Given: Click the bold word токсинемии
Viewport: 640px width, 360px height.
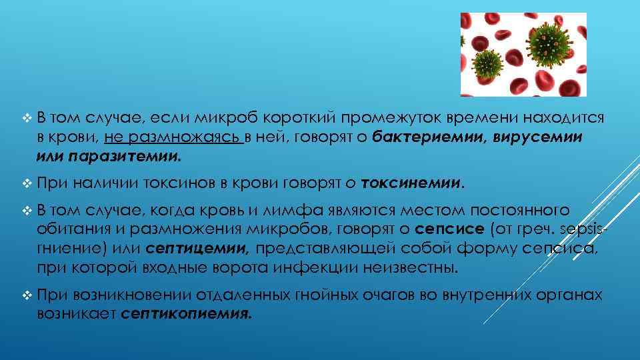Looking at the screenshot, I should click(x=411, y=183).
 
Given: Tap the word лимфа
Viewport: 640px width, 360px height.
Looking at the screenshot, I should click(x=295, y=211).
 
